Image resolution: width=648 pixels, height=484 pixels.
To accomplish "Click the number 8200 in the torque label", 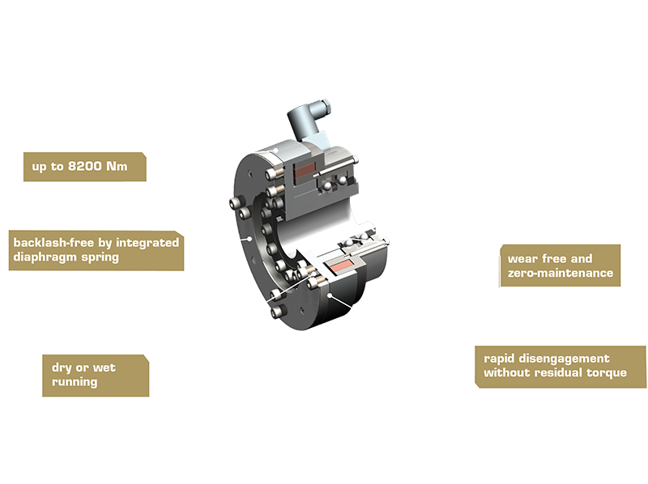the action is [85, 167].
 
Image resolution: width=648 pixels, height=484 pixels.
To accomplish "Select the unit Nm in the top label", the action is [117, 167].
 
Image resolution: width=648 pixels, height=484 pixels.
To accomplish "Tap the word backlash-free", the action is [53, 243].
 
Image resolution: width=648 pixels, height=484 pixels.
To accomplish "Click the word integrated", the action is [147, 243].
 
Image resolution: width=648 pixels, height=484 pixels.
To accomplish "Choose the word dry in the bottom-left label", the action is [62, 368].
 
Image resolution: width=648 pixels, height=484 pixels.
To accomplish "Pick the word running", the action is [75, 382].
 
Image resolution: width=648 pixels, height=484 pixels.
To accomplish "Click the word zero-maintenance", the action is [561, 273].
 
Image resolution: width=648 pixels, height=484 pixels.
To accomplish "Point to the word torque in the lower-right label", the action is [607, 373].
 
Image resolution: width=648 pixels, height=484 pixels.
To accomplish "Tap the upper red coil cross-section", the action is [305, 170].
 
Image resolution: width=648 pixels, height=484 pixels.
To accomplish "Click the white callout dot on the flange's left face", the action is [249, 238].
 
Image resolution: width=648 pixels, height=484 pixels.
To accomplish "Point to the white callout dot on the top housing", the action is [275, 151].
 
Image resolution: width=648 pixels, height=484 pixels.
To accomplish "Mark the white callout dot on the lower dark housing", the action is [330, 295].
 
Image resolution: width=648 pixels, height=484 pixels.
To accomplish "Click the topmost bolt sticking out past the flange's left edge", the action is [235, 204].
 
